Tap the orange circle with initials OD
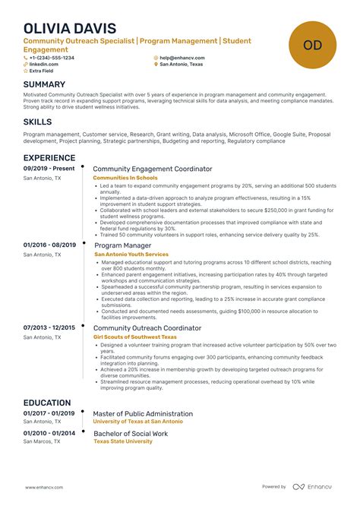click(x=312, y=45)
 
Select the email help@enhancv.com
click(x=182, y=58)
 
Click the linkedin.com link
click(x=44, y=65)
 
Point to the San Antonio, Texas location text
click(x=183, y=65)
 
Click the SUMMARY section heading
click(x=44, y=84)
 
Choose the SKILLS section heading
click(x=38, y=122)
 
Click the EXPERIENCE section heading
click(x=49, y=158)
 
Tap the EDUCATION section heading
click(x=47, y=403)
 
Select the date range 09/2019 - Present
click(x=49, y=169)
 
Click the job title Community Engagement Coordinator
click(x=153, y=169)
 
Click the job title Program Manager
click(x=122, y=245)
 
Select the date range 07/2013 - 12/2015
click(x=49, y=327)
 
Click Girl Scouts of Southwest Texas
click(x=134, y=337)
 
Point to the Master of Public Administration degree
click(x=143, y=414)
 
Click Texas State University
click(x=122, y=441)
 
